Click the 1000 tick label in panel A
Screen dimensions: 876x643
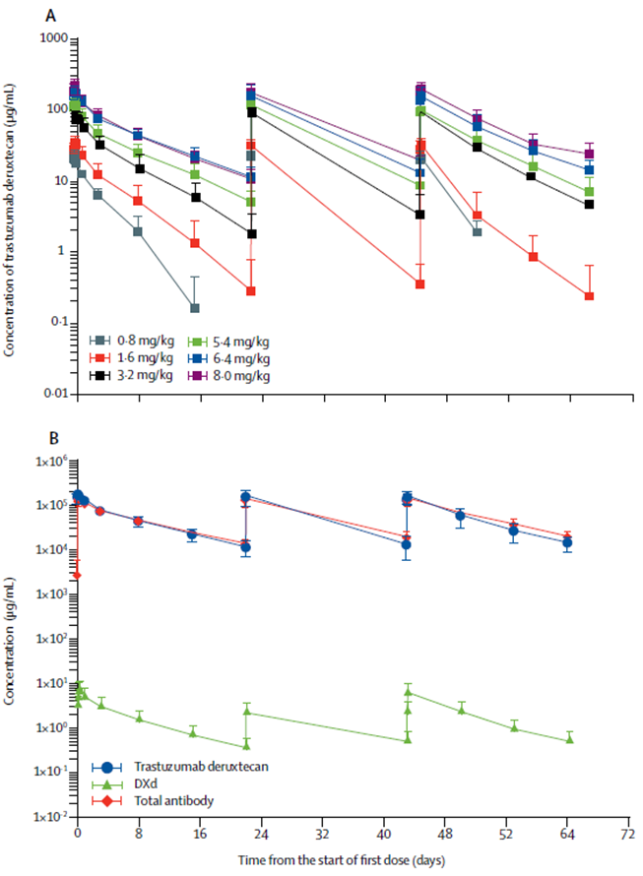click(x=52, y=38)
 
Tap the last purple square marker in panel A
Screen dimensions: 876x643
click(x=589, y=154)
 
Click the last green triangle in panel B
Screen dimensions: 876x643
click(x=569, y=739)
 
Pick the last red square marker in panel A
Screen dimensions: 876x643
click(x=589, y=296)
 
